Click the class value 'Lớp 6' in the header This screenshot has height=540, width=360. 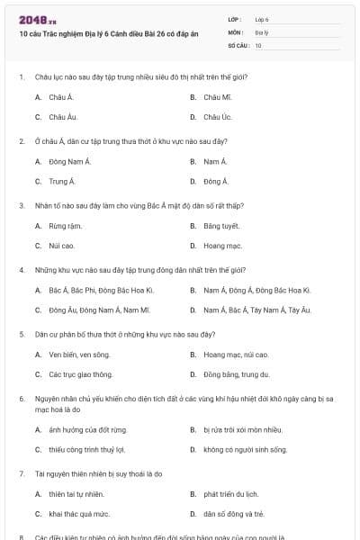pos(262,19)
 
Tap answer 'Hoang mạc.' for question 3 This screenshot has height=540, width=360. pos(222,246)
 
